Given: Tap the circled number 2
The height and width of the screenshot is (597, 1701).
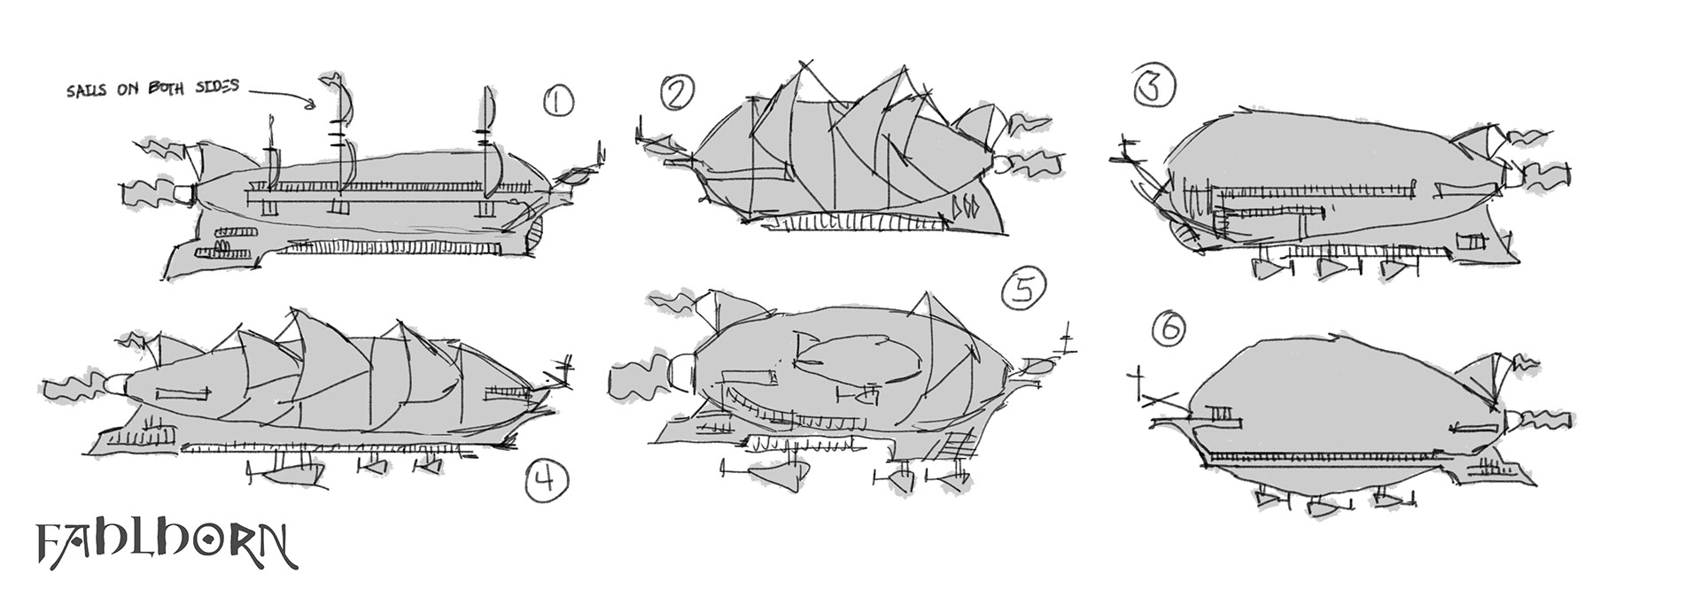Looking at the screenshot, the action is [x=677, y=93].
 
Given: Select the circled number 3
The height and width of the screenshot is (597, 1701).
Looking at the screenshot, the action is [x=1154, y=87].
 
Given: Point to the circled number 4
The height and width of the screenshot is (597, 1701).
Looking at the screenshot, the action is [x=543, y=481].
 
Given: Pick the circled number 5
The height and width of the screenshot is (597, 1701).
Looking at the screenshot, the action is [x=1023, y=290].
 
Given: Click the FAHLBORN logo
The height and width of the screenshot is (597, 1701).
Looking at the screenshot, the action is [x=165, y=546].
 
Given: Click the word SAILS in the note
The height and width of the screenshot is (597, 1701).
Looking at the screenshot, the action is [x=86, y=92].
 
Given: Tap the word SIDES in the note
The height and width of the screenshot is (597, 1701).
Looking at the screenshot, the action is [x=214, y=88].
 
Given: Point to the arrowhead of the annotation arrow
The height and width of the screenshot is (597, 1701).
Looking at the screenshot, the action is [x=310, y=106].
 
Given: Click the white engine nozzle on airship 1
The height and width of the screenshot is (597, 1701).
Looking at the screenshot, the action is [x=183, y=191].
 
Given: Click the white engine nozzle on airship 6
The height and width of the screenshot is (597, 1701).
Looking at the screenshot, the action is [x=1511, y=420].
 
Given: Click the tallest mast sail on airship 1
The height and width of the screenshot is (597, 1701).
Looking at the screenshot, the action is [x=341, y=97].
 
